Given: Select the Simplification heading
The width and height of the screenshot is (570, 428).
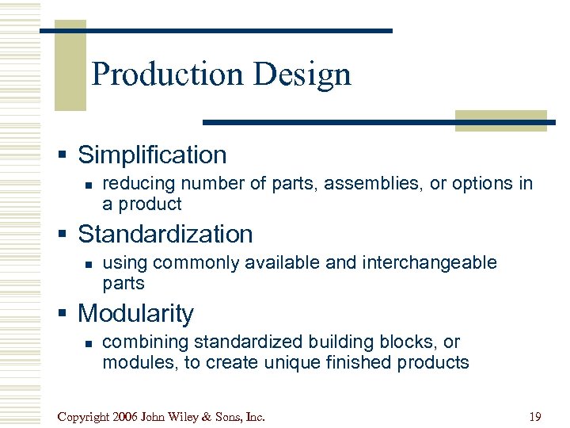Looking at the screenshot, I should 152,155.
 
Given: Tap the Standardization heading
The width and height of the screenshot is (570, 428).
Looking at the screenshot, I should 165,234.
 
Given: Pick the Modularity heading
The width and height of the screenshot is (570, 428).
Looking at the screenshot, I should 135,313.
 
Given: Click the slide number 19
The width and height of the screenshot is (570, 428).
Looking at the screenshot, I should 534,416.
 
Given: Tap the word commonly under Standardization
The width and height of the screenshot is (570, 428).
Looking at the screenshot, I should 180,262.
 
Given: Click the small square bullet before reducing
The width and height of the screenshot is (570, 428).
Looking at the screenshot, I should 89,183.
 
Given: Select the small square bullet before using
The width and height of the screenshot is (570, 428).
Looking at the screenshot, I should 89,262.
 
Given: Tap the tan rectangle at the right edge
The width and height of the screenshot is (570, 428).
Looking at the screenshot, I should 500,120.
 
